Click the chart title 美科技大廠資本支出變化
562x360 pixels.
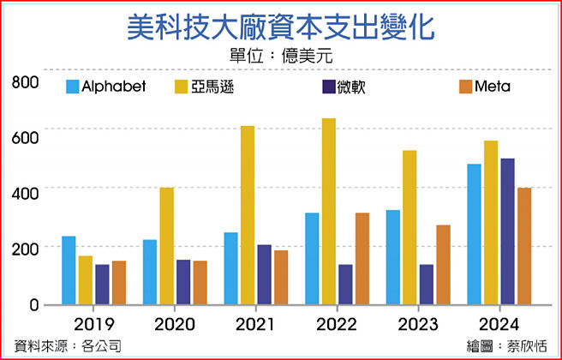click(280, 27)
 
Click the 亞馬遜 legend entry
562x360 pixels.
click(206, 87)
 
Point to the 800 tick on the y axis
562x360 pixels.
click(26, 82)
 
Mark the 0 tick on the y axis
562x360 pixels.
click(34, 304)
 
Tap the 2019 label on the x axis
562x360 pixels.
click(95, 325)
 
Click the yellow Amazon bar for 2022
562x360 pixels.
click(328, 211)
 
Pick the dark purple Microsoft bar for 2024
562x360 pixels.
click(507, 231)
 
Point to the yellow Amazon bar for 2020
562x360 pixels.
click(167, 246)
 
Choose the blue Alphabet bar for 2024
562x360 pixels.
click(474, 234)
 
